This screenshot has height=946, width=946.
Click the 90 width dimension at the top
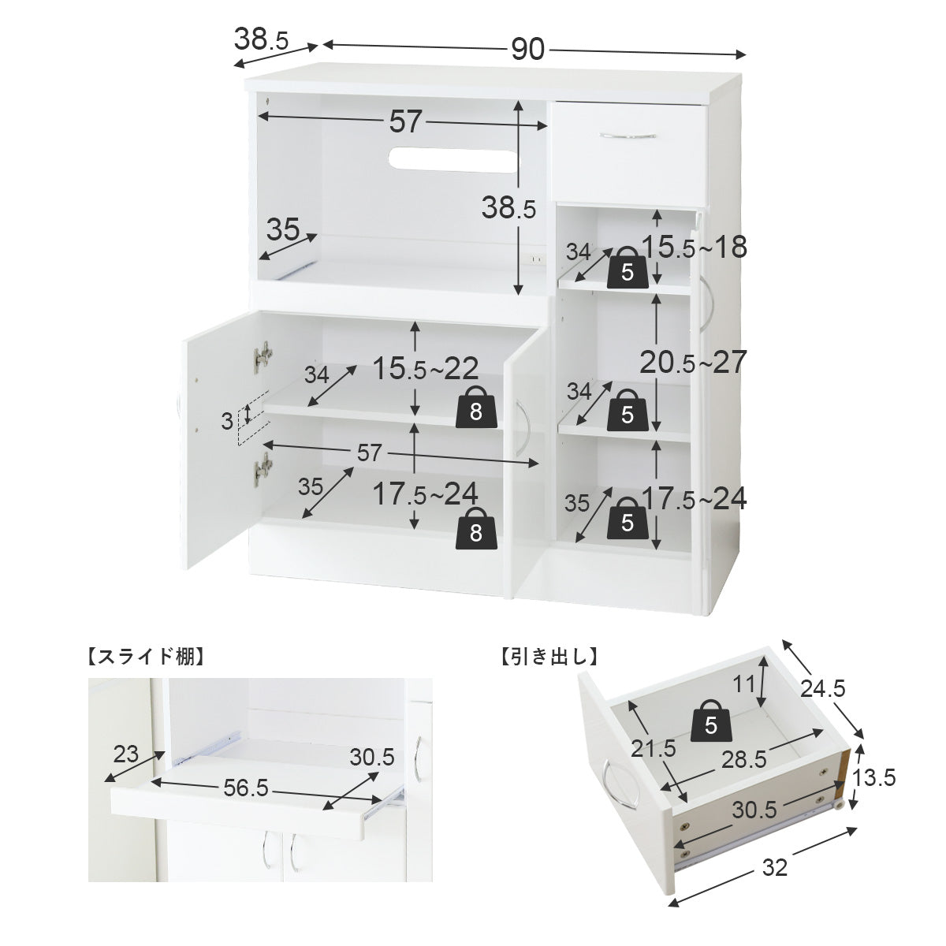tap(527, 49)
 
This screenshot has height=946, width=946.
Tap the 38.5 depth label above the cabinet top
tap(261, 39)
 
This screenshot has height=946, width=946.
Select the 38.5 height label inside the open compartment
tap(508, 208)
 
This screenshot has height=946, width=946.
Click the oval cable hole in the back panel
tap(453, 159)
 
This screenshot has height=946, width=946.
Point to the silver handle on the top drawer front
tap(628, 135)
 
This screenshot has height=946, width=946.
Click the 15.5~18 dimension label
tap(695, 247)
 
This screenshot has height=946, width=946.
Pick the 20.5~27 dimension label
tap(693, 362)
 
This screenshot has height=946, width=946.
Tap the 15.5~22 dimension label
tap(426, 368)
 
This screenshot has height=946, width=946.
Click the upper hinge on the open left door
tap(263, 357)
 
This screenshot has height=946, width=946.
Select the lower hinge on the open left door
tap(263, 469)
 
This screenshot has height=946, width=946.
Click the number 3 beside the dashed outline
tap(226, 421)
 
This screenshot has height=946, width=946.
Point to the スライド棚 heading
tap(146, 657)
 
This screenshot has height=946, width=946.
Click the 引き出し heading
tap(549, 657)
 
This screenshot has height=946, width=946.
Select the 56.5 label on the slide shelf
tap(246, 788)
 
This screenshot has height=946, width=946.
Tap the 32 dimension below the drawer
tap(775, 868)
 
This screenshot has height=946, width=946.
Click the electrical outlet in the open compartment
tap(536, 259)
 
